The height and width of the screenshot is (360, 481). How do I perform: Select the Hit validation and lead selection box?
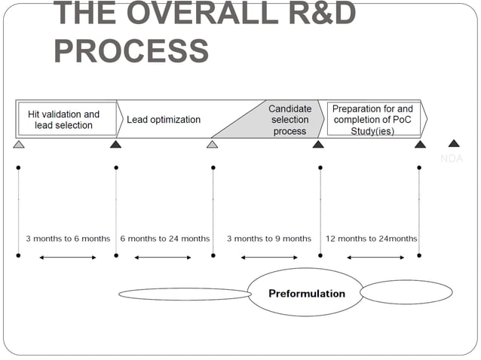click(x=64, y=120)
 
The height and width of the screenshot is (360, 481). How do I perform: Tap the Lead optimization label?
click(x=164, y=120)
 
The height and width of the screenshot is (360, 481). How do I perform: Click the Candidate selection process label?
click(x=290, y=120)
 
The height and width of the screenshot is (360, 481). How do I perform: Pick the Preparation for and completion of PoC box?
click(x=372, y=120)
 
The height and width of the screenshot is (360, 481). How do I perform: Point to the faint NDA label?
click(x=452, y=159)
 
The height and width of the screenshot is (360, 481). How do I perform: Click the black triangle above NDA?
click(x=453, y=143)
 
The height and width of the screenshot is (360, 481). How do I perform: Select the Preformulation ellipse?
click(x=307, y=294)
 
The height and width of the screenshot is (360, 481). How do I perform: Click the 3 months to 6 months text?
click(x=68, y=239)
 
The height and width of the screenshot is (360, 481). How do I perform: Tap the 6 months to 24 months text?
click(x=165, y=239)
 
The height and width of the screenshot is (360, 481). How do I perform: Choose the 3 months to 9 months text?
click(x=269, y=239)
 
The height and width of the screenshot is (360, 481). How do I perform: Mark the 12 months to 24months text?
click(x=371, y=239)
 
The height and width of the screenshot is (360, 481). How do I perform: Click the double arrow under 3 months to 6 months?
click(x=68, y=258)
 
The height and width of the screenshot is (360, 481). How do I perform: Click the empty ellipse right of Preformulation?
click(x=406, y=292)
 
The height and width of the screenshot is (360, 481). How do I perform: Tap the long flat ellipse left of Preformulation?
click(x=185, y=294)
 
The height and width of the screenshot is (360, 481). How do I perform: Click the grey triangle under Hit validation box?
click(x=19, y=144)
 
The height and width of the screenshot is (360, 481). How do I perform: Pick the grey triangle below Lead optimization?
click(x=213, y=144)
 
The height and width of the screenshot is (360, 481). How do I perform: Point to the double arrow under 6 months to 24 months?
click(x=163, y=258)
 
